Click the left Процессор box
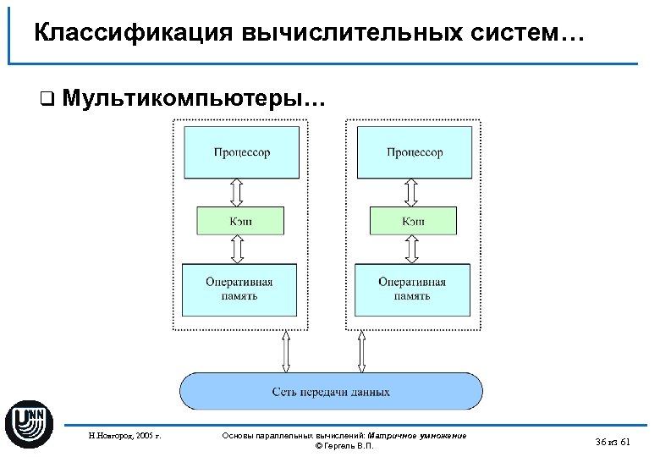pyautogui.click(x=241, y=152)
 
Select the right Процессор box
pyautogui.click(x=415, y=152)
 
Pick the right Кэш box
pyautogui.click(x=414, y=221)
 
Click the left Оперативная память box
pyautogui.click(x=239, y=289)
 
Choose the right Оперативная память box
pyautogui.click(x=412, y=289)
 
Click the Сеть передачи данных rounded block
pyautogui.click(x=331, y=392)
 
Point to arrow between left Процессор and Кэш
pyautogui.click(x=238, y=192)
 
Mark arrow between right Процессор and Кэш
pyautogui.click(x=411, y=192)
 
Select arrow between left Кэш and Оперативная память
pyautogui.click(x=238, y=250)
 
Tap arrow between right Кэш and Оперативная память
pyautogui.click(x=411, y=250)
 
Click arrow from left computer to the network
pyautogui.click(x=286, y=351)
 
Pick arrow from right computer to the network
pyautogui.click(x=362, y=351)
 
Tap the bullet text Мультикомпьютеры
pyautogui.click(x=191, y=98)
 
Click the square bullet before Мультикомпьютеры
pyautogui.click(x=46, y=99)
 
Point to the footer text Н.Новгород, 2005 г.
pyautogui.click(x=124, y=436)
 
